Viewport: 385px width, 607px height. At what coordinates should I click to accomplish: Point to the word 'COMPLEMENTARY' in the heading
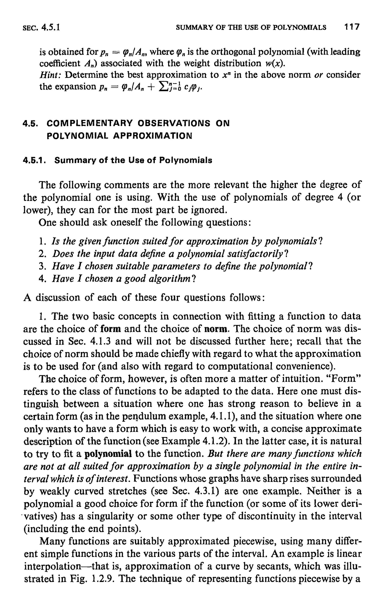pos(90,123)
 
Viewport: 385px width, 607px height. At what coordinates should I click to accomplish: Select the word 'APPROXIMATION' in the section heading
pos(152,136)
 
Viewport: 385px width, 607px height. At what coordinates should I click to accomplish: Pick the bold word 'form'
pos(111,329)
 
